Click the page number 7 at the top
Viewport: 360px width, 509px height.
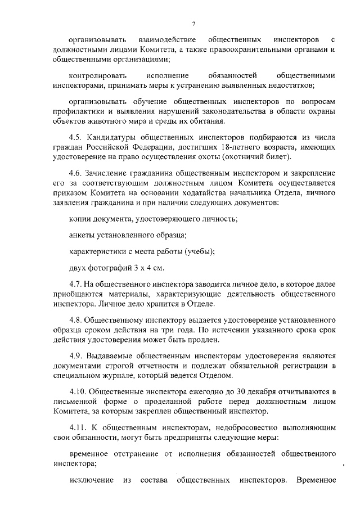click(192, 23)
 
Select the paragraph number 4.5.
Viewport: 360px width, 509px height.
click(75, 139)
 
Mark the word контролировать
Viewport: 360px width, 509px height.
click(97, 75)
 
